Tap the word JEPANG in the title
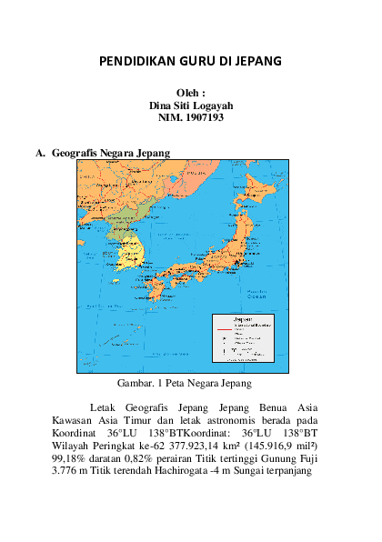[257, 62]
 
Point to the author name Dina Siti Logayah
[191, 105]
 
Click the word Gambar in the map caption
[135, 383]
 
